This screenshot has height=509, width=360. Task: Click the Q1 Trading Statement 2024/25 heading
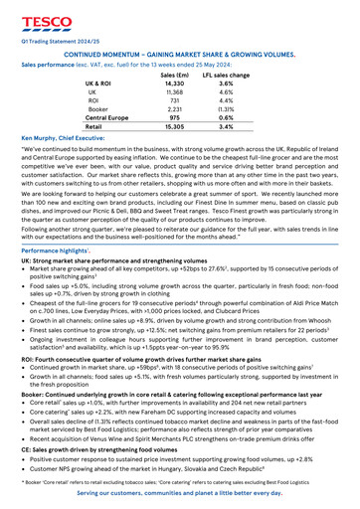click(57, 43)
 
